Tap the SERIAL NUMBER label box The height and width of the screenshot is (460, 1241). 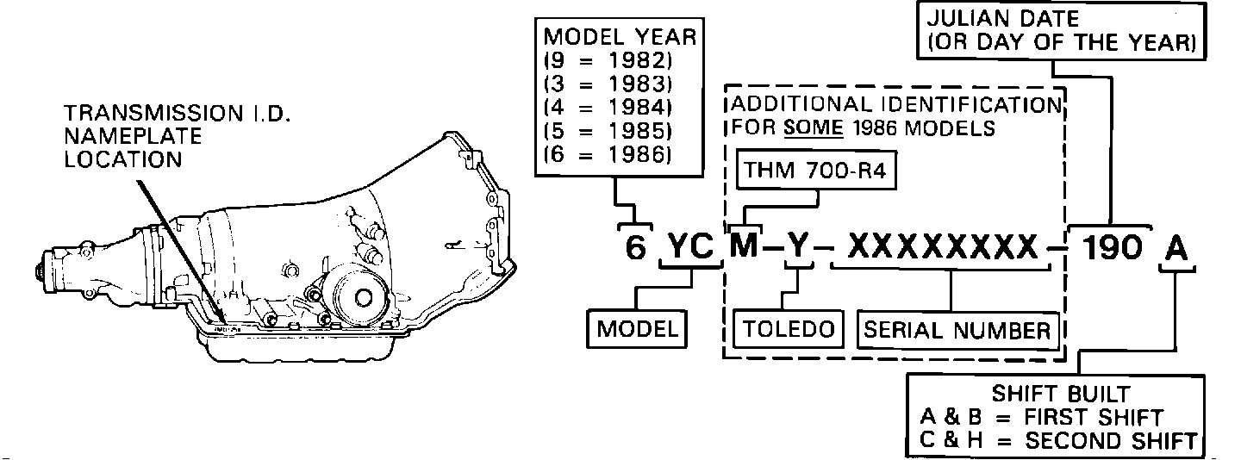pos(957,330)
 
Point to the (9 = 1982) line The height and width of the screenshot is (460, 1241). pos(608,63)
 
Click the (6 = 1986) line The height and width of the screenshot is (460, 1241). pos(608,156)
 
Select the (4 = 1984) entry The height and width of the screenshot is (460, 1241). pos(608,109)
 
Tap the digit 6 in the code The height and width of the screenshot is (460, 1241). pos(635,248)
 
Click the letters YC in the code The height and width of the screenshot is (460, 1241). pos(690,248)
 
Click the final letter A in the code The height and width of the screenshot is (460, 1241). pos(1176,248)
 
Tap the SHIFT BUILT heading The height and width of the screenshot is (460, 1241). pos(1060,395)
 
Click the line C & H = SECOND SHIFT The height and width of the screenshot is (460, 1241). pos(1059,441)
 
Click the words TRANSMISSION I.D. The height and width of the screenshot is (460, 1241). pos(159,113)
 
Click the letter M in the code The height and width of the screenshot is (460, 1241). pos(744,248)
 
